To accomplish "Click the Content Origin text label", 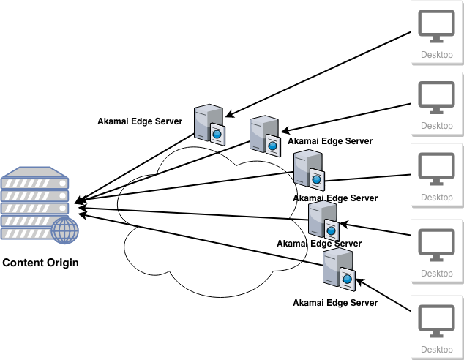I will [40, 263].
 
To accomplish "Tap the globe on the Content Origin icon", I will [66, 230].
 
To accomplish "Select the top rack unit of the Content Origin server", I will [35, 178].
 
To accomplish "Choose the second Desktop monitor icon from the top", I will [437, 97].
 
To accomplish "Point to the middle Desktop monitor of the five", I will [437, 168].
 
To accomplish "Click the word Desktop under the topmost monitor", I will [437, 55].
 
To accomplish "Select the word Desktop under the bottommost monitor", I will [437, 350].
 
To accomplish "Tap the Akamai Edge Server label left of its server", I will [140, 121].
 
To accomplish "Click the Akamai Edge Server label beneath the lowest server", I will [335, 302].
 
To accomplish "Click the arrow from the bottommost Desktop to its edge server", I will [384, 296].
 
